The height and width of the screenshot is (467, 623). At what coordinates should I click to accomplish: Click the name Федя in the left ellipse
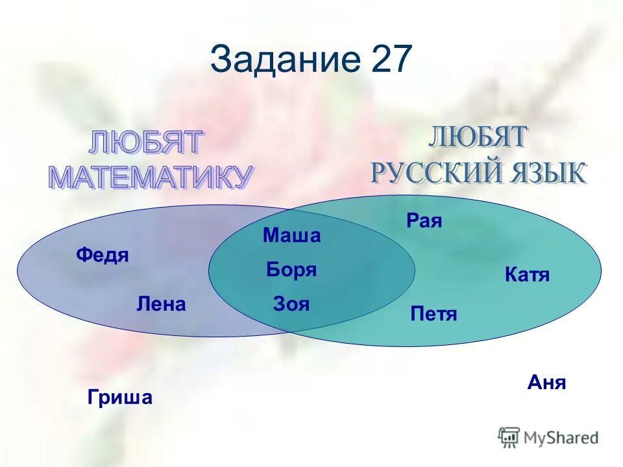[x=103, y=256]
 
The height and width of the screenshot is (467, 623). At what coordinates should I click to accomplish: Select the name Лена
[x=161, y=304]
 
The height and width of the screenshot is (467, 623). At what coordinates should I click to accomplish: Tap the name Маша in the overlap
[x=291, y=235]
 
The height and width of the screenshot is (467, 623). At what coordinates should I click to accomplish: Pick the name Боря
[x=291, y=270]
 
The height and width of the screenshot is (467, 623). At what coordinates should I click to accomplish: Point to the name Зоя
[x=291, y=304]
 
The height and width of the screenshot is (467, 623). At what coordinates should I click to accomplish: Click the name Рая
[x=424, y=221]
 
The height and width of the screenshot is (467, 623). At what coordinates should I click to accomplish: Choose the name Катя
[x=527, y=275]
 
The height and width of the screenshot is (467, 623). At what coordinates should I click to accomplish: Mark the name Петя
[x=434, y=315]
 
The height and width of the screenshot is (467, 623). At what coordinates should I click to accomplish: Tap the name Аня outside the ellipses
[x=546, y=383]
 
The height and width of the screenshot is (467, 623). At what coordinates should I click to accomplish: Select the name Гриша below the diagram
[x=120, y=397]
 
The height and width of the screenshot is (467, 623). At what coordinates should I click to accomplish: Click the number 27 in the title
[x=391, y=60]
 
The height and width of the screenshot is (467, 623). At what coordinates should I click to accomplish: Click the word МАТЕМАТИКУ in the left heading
[x=150, y=177]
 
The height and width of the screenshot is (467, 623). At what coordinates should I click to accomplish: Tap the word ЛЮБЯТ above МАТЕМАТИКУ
[x=147, y=143]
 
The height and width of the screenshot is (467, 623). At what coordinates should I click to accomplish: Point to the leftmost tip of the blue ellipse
[x=18, y=271]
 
